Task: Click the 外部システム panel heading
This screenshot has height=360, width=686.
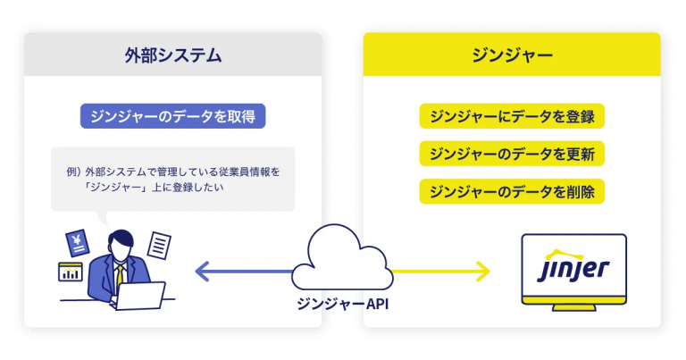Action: pos(172,55)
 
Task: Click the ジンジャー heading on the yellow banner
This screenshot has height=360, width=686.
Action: pos(512,55)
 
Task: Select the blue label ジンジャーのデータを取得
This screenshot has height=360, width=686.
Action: pos(172,116)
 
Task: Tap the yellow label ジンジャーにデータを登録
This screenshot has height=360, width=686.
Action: pos(512,116)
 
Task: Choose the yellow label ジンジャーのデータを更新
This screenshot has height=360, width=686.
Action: pos(512,154)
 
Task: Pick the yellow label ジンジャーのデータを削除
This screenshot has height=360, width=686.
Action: pos(512,191)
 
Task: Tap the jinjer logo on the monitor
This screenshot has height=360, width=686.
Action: pos(573,268)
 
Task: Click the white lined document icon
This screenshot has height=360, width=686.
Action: pos(158,243)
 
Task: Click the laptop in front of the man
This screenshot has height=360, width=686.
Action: pos(141,295)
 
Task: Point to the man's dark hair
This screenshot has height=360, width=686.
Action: pos(119,239)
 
